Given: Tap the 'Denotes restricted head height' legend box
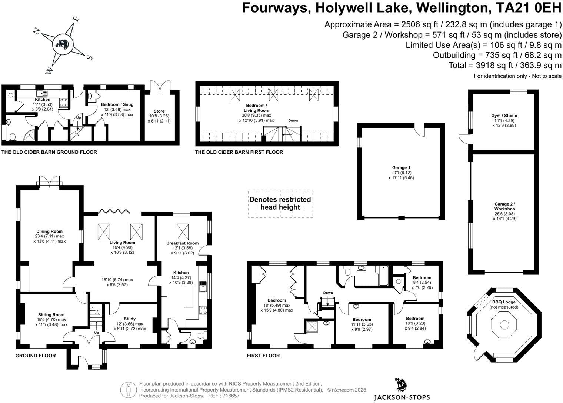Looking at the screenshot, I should pos(280,203).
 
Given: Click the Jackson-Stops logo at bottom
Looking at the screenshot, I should pos(402,389).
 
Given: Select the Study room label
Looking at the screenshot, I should pos(130,319).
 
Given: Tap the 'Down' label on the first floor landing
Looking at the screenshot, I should pos(328,293).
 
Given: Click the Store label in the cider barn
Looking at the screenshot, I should pos(159,111).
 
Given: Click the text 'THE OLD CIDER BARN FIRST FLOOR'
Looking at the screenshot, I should pos(239,152).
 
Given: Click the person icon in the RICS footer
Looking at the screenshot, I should pos(129,390).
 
